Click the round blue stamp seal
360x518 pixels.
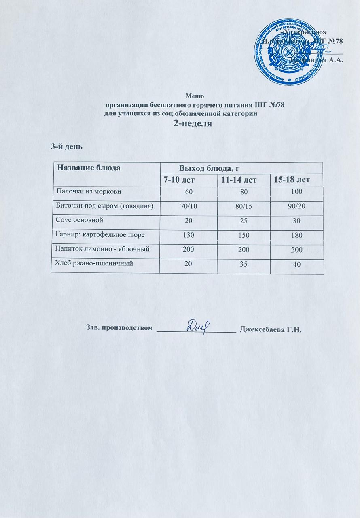(x=288, y=51)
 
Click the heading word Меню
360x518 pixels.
(x=195, y=96)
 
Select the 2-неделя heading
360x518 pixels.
(x=193, y=124)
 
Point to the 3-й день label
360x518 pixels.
(x=66, y=146)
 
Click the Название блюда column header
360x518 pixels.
(x=89, y=168)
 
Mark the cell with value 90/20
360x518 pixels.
(x=296, y=206)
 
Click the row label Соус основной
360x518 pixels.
(x=79, y=220)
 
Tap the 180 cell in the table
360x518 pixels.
(x=296, y=235)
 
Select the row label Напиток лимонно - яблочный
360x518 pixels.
(x=102, y=249)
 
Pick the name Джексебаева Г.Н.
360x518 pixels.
(x=271, y=328)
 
